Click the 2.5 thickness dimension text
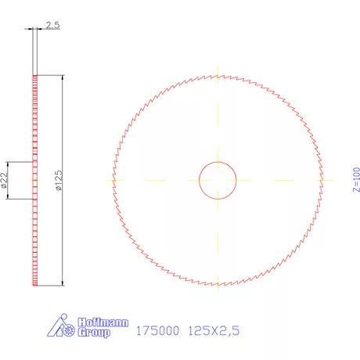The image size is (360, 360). tap(52, 26)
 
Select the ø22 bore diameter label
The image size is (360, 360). tap(5, 181)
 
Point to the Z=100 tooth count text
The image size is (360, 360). tap(355, 180)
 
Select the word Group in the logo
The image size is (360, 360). tap(94, 333)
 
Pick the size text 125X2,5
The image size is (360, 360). tap(213, 330)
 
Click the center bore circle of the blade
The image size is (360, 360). tap(218, 181)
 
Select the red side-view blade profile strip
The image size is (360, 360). tap(34, 181)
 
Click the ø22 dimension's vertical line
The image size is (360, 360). tap(9, 181)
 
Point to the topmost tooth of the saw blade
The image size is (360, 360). tap(218, 75)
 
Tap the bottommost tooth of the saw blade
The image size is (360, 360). tap(218, 286)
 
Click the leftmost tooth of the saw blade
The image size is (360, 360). tap(113, 181)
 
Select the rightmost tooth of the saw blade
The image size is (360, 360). tap(323, 181)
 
